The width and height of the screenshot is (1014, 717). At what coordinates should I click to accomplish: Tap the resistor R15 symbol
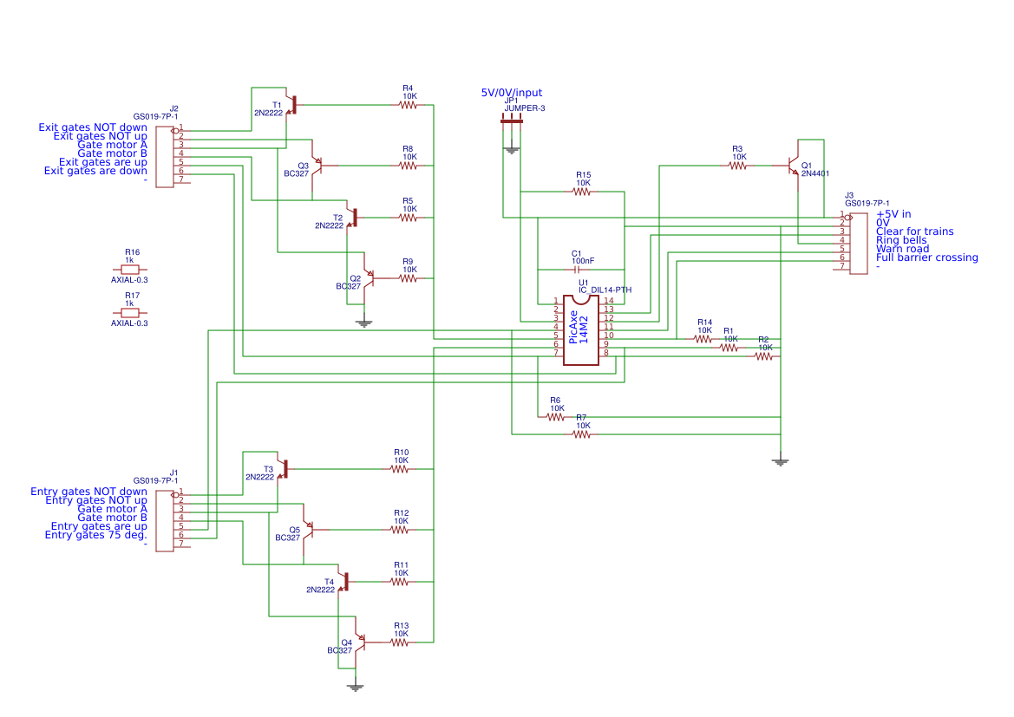coord(582,192)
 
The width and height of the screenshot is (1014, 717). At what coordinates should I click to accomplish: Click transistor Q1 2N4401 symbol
coord(794,165)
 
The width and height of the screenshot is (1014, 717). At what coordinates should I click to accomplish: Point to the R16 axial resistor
coord(130,270)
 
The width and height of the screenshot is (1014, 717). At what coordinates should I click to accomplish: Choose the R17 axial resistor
coord(130,313)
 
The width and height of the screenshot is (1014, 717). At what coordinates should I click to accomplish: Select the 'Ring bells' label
coord(901,240)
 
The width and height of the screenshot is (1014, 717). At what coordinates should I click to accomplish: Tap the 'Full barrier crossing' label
coord(926,257)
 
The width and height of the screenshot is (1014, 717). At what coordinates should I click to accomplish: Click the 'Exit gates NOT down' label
coord(93,127)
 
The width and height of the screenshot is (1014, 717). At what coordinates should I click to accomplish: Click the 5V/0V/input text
coord(512,93)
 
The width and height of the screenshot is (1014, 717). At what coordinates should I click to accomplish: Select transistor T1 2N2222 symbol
coord(292,105)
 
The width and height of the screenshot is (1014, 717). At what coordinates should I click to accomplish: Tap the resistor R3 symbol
coord(737,165)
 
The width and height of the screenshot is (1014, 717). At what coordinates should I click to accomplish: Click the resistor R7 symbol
coord(581,434)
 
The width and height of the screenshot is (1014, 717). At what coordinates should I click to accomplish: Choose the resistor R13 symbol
coord(400,642)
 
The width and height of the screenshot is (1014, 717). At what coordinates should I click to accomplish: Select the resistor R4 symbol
coord(408,105)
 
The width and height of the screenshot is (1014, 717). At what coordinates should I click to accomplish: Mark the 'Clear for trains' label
coord(914,231)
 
